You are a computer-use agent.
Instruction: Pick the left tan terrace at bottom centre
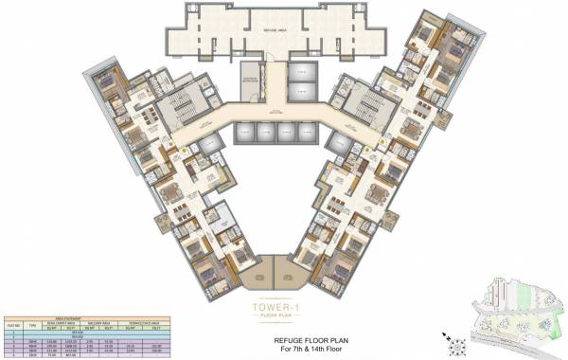click(257, 271)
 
